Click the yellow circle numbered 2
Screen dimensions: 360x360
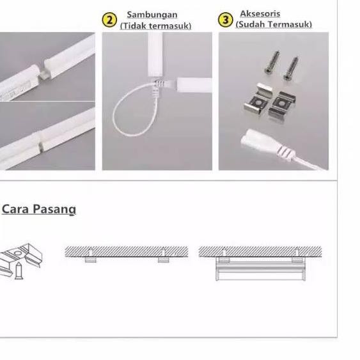(109, 20)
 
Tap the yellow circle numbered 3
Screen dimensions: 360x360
(225, 20)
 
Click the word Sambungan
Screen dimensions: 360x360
(152, 15)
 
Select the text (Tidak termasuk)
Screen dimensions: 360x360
(155, 26)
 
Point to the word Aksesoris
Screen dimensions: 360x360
(260, 13)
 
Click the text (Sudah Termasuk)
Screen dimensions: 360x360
(274, 24)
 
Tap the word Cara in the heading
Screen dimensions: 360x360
(15, 209)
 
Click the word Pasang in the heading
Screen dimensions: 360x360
(54, 210)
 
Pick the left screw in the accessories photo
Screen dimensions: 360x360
(272, 61)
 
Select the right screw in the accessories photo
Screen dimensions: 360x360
(291, 68)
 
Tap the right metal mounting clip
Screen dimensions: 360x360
(282, 104)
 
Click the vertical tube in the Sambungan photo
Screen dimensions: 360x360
(155, 54)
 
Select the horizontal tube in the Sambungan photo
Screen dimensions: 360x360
(194, 85)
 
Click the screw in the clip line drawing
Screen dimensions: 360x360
(19, 271)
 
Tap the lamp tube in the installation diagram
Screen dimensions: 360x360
(261, 271)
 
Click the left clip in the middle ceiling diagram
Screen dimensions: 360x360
(91, 260)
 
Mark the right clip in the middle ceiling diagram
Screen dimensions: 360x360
(164, 260)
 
